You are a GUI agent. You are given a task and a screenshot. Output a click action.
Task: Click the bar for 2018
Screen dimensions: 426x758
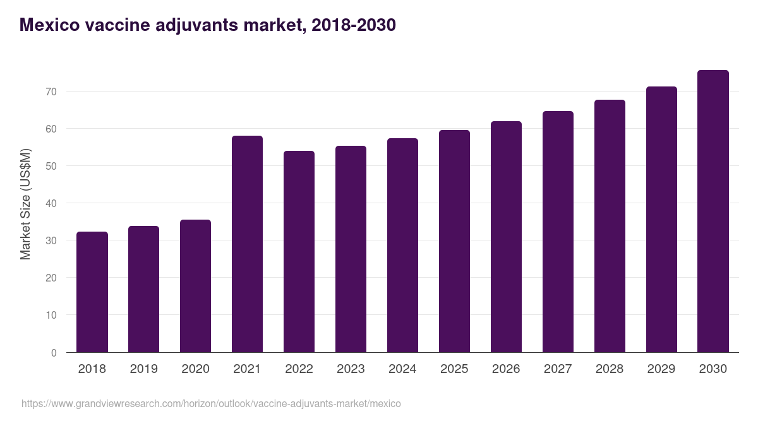[92, 292]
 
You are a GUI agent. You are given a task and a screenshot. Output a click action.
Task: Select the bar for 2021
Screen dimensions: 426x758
[247, 244]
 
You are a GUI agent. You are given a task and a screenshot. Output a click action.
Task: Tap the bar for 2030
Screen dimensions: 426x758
[713, 211]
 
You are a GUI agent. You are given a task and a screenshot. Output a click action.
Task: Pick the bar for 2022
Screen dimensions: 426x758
[299, 251]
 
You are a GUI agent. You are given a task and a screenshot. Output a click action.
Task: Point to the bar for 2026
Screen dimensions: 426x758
[506, 237]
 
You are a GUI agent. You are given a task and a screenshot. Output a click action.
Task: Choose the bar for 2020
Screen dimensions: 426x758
[195, 286]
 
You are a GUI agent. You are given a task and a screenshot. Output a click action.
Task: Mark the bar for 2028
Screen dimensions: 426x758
[610, 226]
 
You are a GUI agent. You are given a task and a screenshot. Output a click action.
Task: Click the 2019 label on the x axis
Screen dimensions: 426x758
[144, 369]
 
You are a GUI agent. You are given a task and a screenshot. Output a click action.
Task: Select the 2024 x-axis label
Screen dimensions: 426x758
[402, 369]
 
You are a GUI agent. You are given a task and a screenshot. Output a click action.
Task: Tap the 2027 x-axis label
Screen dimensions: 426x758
[558, 369]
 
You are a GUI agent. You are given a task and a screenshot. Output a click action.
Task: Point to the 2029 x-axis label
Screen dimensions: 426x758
[661, 369]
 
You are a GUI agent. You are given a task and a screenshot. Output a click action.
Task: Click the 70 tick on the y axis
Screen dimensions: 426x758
[51, 92]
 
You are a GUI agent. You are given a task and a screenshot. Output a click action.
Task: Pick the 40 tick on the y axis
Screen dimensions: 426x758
[51, 203]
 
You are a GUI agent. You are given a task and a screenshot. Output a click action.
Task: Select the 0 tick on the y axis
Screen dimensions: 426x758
[54, 353]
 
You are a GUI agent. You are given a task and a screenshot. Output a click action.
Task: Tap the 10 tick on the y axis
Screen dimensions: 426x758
[51, 315]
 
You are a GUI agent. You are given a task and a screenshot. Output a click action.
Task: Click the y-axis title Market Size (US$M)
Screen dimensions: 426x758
[25, 203]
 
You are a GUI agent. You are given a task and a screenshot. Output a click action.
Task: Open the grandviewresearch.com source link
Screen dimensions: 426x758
[211, 403]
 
